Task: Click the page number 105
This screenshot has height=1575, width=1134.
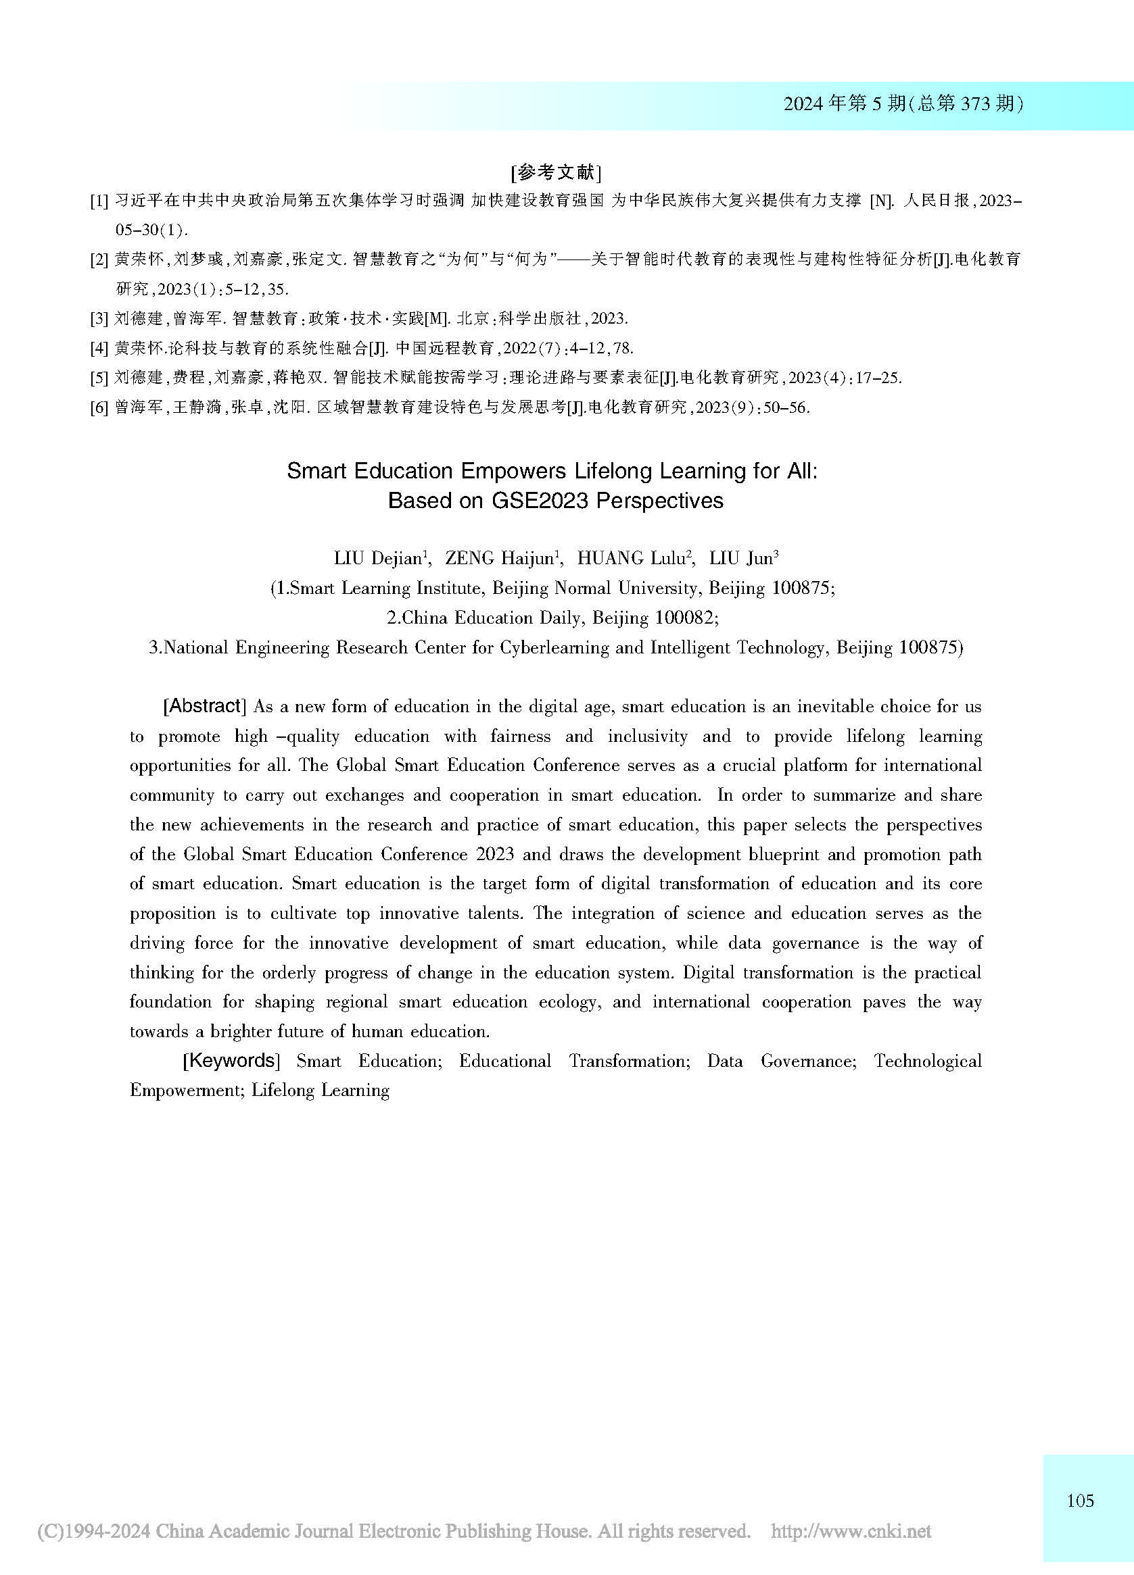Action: (x=1080, y=1501)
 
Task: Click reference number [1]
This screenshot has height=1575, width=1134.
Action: (x=99, y=201)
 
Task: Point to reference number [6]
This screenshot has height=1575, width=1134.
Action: (x=99, y=407)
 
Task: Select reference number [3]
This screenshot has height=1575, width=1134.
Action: (x=99, y=319)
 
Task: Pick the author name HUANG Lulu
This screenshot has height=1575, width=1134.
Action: (x=632, y=558)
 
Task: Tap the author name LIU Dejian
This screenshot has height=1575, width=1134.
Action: (x=379, y=558)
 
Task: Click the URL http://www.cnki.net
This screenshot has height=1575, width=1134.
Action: (x=851, y=1531)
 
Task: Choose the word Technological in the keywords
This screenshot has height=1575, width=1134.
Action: (x=928, y=1061)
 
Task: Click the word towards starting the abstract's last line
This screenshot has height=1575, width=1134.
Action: (x=157, y=1031)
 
